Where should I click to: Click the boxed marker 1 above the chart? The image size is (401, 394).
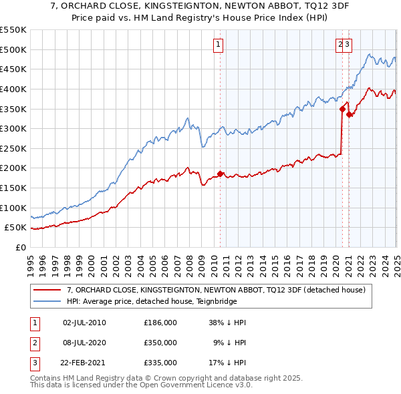219,45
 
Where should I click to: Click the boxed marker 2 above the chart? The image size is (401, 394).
341,45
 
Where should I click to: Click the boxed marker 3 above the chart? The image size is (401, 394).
348,45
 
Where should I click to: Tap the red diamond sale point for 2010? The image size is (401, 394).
220,174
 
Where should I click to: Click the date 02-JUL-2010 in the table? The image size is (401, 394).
84,323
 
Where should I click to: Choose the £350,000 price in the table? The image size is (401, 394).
160,343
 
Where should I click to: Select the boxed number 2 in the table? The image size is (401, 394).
33,343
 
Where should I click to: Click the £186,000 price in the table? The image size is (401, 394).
160,323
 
